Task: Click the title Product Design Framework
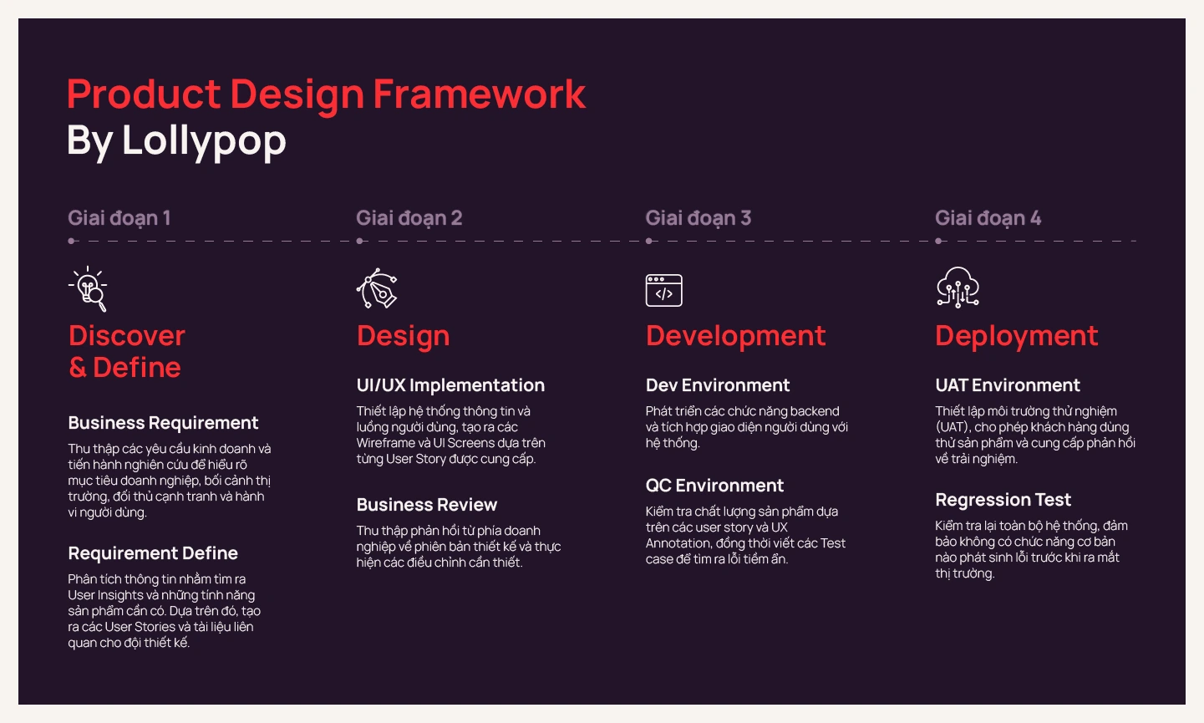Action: [x=326, y=94]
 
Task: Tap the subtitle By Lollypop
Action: [x=176, y=140]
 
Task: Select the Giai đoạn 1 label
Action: [x=119, y=218]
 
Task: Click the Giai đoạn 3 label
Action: [x=699, y=218]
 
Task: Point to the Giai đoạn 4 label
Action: [x=988, y=218]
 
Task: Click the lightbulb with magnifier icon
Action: [x=89, y=289]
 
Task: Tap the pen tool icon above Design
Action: [x=378, y=289]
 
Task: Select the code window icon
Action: [x=664, y=290]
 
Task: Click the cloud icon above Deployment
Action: [x=958, y=288]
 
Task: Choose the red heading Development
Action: [x=735, y=336]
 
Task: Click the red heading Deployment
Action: [x=1016, y=336]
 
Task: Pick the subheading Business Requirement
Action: [x=163, y=423]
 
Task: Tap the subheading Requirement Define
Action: [x=153, y=553]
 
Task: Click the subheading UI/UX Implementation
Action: [x=450, y=385]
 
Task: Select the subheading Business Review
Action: [x=427, y=505]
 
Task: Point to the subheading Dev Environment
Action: [x=718, y=385]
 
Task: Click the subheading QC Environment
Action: [x=714, y=486]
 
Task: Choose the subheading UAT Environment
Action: [x=1008, y=385]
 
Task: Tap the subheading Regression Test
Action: [x=1003, y=500]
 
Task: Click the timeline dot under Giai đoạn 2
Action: [x=360, y=241]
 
